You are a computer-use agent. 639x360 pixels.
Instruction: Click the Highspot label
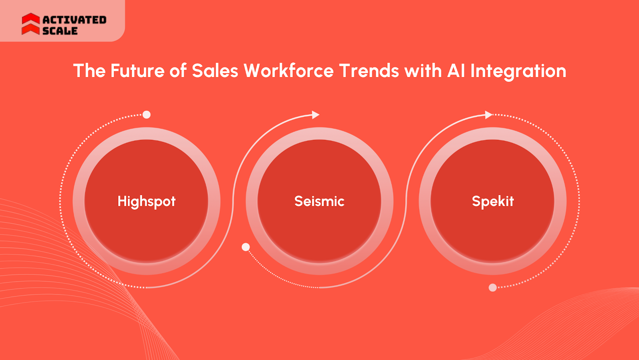click(x=147, y=201)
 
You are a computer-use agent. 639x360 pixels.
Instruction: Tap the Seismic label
click(x=319, y=201)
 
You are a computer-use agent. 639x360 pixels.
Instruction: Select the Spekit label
click(x=492, y=201)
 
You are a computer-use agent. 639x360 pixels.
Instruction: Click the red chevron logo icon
click(x=31, y=24)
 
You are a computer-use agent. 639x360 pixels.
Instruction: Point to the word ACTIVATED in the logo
click(x=74, y=20)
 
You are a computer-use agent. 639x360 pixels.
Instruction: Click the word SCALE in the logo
click(x=60, y=31)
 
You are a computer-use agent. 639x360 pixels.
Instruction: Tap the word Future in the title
click(x=137, y=71)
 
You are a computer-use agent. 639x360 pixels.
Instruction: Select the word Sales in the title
click(x=215, y=71)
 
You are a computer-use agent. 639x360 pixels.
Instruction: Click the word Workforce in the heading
click(x=288, y=71)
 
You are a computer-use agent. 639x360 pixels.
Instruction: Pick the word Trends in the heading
click(x=369, y=71)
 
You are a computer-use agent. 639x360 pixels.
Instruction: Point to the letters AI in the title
click(x=456, y=71)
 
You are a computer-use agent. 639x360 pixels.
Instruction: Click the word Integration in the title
click(x=518, y=71)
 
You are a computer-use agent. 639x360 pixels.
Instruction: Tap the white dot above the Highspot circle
click(x=147, y=115)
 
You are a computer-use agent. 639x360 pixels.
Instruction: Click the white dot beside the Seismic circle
click(x=246, y=247)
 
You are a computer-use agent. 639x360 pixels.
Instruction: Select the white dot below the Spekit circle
click(x=493, y=288)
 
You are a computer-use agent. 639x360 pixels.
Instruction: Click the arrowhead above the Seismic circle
click(x=316, y=115)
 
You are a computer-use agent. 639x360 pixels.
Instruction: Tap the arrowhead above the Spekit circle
click(x=488, y=115)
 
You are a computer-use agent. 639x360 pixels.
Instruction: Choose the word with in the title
click(x=423, y=71)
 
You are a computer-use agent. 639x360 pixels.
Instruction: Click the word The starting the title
click(x=89, y=71)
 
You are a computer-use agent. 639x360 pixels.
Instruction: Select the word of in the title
click(x=178, y=71)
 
